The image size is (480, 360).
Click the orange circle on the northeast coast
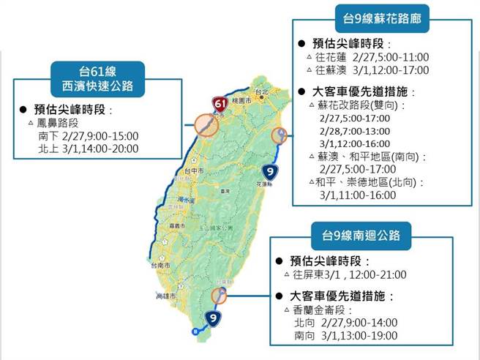click(x=280, y=135)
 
